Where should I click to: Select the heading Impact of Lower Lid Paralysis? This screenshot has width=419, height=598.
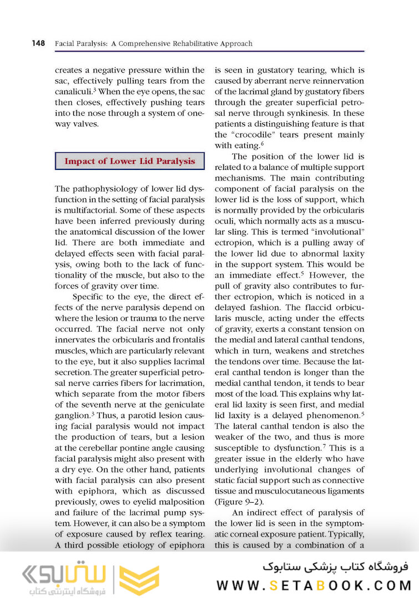pos(130,161)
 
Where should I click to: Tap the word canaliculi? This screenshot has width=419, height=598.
pos(73,92)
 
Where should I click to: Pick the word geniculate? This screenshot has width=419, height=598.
pos(181,404)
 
